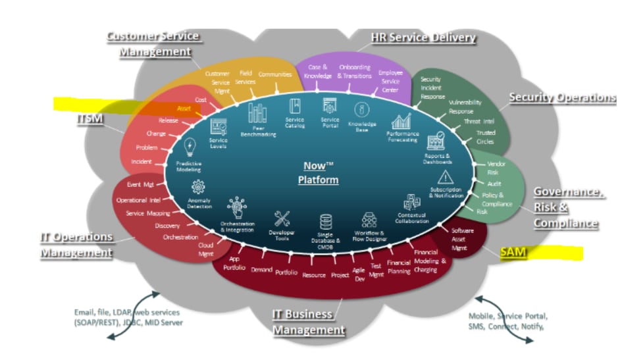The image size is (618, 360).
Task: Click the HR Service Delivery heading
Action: [x=423, y=38]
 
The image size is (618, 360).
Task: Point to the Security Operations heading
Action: [x=563, y=97]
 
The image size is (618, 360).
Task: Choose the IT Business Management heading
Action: [x=309, y=322]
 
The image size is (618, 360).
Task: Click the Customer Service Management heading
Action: [x=153, y=43]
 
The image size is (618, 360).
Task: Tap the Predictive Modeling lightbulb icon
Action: [x=190, y=146]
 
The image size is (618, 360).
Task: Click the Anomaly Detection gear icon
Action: [x=198, y=187]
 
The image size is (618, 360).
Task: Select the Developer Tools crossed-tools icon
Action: [x=282, y=219]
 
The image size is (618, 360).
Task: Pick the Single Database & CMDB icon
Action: [x=325, y=222]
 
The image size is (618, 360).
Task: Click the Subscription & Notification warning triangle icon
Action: [x=446, y=176]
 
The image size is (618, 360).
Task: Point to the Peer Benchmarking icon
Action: [x=257, y=112]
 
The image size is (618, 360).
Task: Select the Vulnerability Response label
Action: [x=465, y=107]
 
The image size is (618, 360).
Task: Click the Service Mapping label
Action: [x=148, y=213]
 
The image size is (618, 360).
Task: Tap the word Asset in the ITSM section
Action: [x=184, y=109]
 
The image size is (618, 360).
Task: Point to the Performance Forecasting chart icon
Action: [x=401, y=121]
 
